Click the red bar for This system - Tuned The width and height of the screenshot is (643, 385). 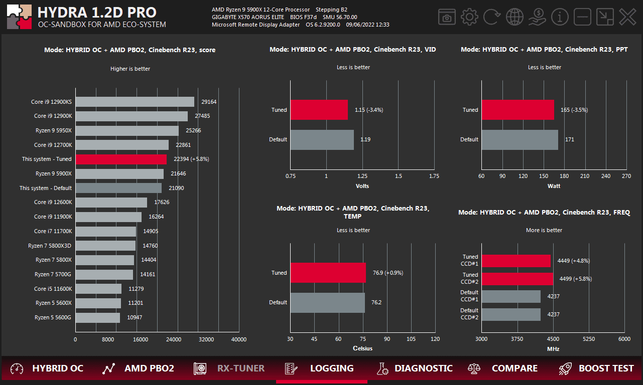[121, 159]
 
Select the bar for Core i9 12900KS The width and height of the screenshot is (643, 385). [135, 102]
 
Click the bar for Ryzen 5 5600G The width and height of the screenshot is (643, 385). [97, 318]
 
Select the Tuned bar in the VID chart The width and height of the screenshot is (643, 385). [319, 110]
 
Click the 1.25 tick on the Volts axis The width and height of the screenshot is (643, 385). [362, 176]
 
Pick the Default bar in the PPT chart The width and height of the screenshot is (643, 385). [520, 140]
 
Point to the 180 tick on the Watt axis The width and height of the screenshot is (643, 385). [564, 176]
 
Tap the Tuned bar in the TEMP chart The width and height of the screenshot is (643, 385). [328, 273]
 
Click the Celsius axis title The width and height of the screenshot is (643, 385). [362, 348]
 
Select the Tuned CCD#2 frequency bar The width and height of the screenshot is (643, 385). [517, 279]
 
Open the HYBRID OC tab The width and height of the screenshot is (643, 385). [48, 368]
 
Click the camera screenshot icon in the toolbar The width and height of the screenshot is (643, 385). [446, 17]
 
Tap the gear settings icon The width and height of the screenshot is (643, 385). [469, 17]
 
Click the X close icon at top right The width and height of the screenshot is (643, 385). [627, 17]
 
